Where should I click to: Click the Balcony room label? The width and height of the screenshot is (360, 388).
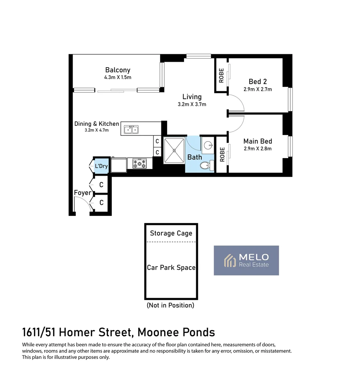coord(117,70)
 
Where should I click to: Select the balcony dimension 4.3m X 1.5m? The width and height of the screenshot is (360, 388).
coord(117,78)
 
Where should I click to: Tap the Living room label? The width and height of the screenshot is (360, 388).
coord(192,97)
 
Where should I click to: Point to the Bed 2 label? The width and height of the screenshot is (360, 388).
coord(258,82)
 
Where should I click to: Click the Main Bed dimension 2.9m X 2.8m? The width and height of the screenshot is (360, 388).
coord(258,149)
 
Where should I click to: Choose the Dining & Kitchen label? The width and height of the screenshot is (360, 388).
coord(97,124)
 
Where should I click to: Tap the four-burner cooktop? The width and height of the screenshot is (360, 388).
coord(139,163)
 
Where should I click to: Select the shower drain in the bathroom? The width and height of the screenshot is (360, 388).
coord(174,151)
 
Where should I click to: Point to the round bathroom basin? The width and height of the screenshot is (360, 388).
coord(207,145)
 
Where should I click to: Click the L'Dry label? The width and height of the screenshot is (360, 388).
coord(101,166)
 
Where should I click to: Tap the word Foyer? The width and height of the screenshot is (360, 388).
coord(83,193)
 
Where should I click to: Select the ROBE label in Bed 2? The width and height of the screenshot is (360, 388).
coord(221,75)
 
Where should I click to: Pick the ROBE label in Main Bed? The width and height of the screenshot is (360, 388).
coord(222,154)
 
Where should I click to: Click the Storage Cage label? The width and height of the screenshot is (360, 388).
coord(171,233)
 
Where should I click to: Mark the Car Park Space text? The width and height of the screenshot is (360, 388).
coord(171,268)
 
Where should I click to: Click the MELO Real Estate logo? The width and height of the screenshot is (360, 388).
coord(246,260)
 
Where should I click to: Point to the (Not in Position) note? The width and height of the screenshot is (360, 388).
coord(170,305)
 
